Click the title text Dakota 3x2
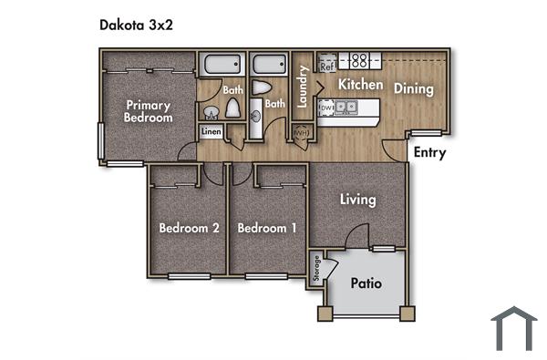point(136,25)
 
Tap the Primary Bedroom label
point(149,111)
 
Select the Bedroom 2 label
point(189,228)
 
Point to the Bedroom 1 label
point(266,228)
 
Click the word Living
point(358,199)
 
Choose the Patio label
point(366,283)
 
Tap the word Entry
point(429,152)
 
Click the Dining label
point(413,88)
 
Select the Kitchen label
point(360,84)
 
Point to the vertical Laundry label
point(301,87)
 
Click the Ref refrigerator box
point(326,66)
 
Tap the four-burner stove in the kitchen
point(358,61)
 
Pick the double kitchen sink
point(345,108)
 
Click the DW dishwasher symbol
point(325,108)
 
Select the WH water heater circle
point(299,135)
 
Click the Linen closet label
point(211,132)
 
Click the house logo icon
point(513,328)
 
